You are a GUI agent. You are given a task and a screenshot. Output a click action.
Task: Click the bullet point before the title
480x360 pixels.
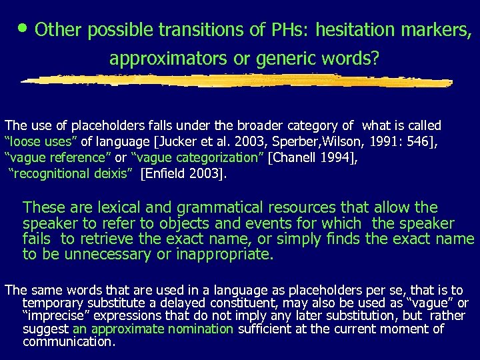click(24, 27)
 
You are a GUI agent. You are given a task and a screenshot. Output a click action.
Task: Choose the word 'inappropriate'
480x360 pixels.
click(226, 254)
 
